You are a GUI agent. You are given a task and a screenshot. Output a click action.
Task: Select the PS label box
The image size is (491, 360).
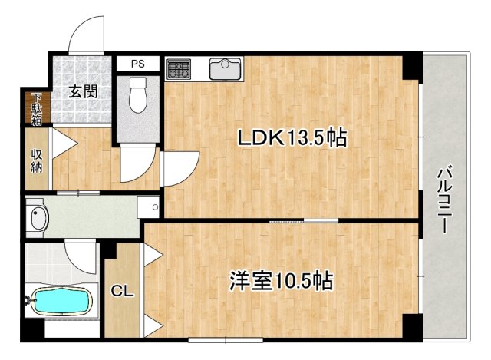tap(137, 63)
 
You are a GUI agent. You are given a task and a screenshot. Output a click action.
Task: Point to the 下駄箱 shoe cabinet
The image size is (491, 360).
tap(36, 108)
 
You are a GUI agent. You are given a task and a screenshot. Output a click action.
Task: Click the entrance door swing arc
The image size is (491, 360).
tap(86, 35)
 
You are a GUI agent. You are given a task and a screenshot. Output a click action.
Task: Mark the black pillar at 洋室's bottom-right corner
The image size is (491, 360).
tap(413, 326)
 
